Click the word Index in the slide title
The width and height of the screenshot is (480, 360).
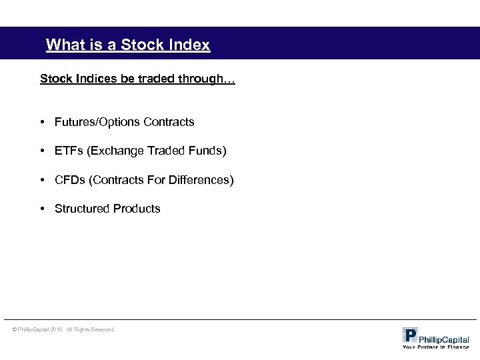[189, 45]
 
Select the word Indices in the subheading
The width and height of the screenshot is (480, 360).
[90, 79]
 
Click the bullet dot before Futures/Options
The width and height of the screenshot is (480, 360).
[42, 122]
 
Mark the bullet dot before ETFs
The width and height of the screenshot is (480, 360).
[42, 151]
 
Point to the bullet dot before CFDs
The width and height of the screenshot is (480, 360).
[42, 180]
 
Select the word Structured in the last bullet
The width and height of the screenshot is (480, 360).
[82, 209]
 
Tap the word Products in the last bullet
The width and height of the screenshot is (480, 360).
[137, 209]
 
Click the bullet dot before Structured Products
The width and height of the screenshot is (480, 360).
[42, 209]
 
